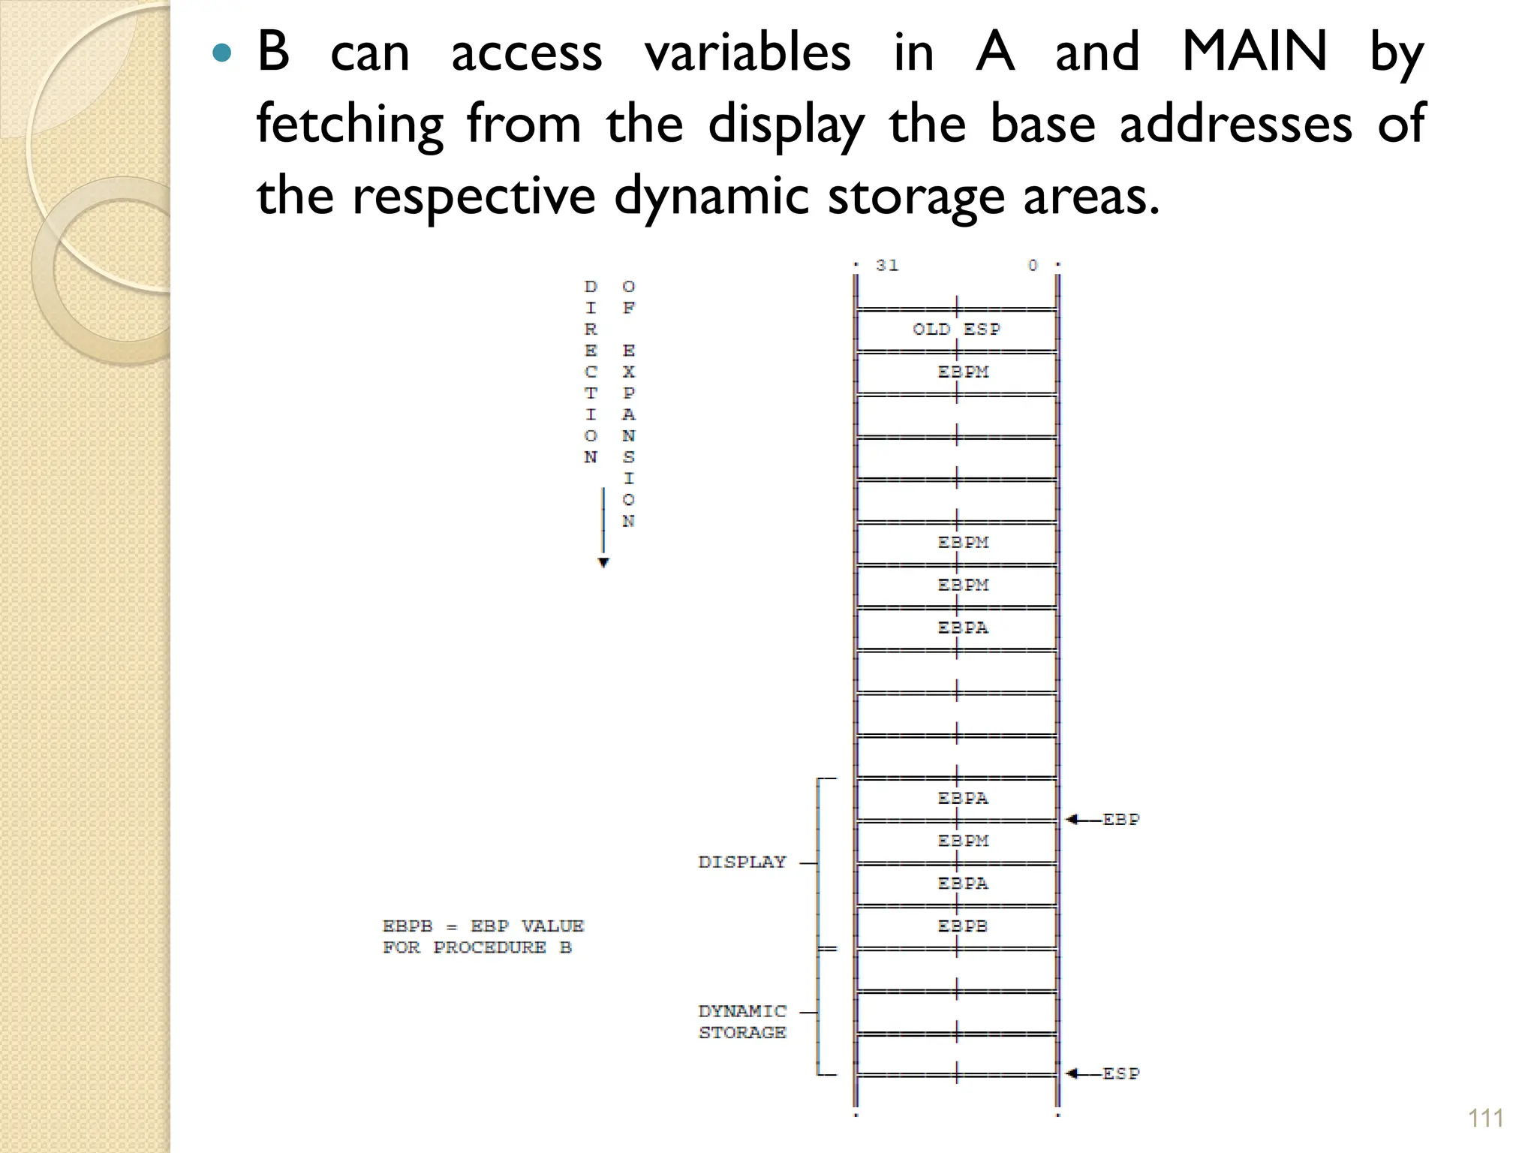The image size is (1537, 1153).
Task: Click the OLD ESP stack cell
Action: coord(956,330)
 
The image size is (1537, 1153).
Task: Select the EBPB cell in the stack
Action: coord(963,926)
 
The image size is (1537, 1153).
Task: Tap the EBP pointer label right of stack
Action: coord(1120,820)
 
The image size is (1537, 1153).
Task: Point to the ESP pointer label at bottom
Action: coord(1120,1074)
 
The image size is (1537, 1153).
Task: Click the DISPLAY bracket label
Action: coord(742,862)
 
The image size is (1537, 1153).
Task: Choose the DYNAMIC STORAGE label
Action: coord(742,1022)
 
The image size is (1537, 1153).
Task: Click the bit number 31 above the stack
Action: coord(887,266)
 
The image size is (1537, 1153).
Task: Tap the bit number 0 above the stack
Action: coord(1033,266)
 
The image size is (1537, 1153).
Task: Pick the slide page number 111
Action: coord(1485,1118)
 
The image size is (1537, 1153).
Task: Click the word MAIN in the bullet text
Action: coord(1254,52)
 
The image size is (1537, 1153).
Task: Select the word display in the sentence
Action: coord(787,125)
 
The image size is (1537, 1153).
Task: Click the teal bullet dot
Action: coord(221,53)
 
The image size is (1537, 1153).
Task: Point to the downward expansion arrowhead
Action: coord(603,563)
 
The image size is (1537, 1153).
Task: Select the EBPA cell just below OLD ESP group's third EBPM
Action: coord(963,628)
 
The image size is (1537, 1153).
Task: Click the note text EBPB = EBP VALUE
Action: coord(483,926)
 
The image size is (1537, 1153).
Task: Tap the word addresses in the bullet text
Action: coord(1235,125)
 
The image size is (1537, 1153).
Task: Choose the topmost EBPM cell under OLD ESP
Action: coord(963,372)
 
